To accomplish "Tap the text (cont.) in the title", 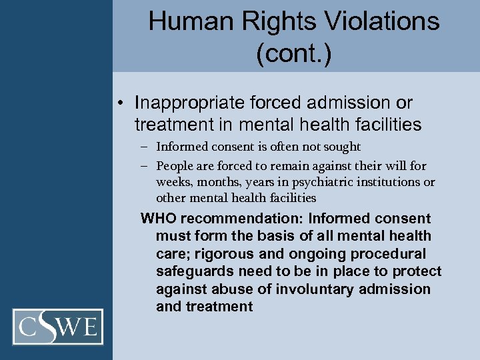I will click(x=293, y=54).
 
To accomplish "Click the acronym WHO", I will click(x=158, y=219).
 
